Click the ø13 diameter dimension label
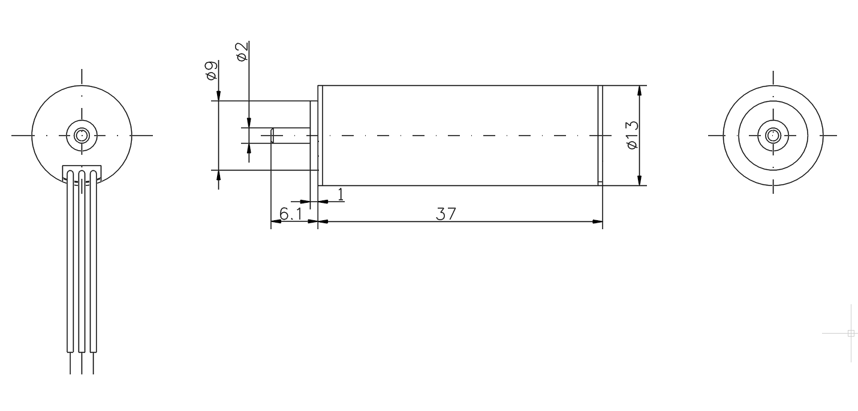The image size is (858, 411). click(633, 135)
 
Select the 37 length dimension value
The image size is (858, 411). click(446, 214)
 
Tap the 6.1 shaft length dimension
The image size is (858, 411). click(291, 214)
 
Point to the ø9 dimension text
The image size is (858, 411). click(211, 70)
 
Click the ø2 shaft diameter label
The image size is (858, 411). click(242, 52)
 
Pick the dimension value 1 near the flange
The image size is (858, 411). click(341, 194)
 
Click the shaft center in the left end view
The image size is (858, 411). click(82, 136)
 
